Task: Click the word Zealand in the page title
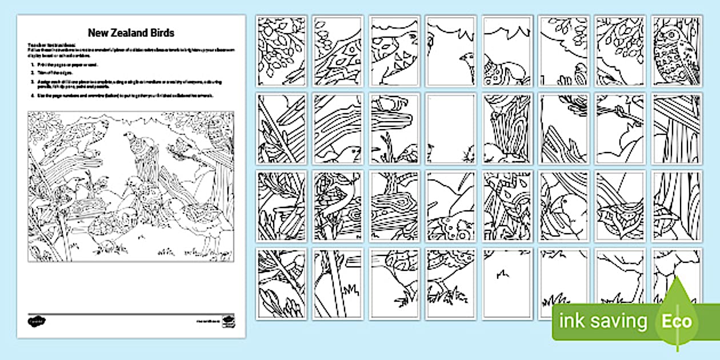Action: coord(130,33)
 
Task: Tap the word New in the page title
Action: coord(98,33)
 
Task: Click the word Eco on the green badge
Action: coord(677,321)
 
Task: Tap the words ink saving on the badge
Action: coord(603,321)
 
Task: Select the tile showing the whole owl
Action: coord(676,51)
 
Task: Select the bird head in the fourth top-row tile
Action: coord(466,59)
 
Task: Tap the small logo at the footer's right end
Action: coord(229,320)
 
